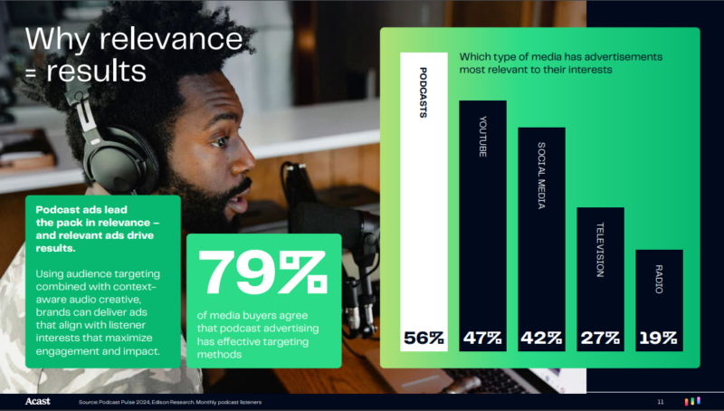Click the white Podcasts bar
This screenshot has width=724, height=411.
click(x=424, y=202)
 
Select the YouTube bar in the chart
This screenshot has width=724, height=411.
click(x=482, y=225)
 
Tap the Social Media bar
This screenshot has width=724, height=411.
click(x=541, y=239)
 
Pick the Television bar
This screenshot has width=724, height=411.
click(x=600, y=280)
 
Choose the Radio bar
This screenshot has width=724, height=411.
click(x=660, y=301)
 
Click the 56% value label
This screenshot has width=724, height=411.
click(x=424, y=338)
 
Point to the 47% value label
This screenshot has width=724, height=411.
click(x=482, y=338)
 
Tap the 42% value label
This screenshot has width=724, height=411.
click(x=541, y=338)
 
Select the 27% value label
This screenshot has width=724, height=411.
click(x=600, y=338)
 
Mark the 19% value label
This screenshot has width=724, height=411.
click(x=659, y=338)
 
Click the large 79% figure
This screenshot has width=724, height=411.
click(x=262, y=272)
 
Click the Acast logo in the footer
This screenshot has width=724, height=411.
click(x=37, y=401)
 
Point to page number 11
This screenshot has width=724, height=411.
click(x=661, y=402)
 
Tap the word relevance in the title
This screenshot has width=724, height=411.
click(x=171, y=39)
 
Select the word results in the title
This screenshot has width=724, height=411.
click(x=96, y=72)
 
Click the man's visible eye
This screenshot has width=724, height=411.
click(x=219, y=141)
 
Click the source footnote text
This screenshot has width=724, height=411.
click(x=170, y=402)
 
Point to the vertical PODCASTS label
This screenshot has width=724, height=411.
click(x=423, y=92)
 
